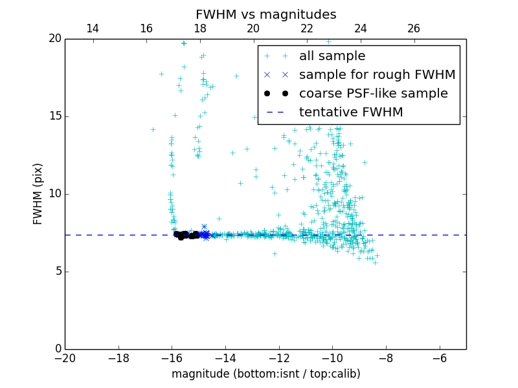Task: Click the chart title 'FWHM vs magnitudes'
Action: tap(265, 14)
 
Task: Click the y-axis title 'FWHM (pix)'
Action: tap(38, 194)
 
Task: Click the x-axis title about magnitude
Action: tap(265, 374)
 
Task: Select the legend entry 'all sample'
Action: tap(332, 56)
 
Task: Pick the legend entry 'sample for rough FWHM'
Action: tap(377, 75)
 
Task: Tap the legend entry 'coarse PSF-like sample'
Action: tap(373, 94)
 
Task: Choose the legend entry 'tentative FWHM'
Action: tap(351, 113)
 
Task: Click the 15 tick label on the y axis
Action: tap(54, 116)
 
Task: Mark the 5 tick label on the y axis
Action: tap(57, 272)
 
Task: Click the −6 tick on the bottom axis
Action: tap(439, 359)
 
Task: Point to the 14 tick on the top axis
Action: tap(93, 28)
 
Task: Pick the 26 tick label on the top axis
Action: tap(414, 28)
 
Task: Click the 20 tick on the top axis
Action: tap(253, 28)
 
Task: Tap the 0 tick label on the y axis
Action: tap(57, 349)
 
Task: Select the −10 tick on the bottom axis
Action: tap(332, 359)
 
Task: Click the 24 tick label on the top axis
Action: tap(361, 28)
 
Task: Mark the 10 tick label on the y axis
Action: tap(54, 194)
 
